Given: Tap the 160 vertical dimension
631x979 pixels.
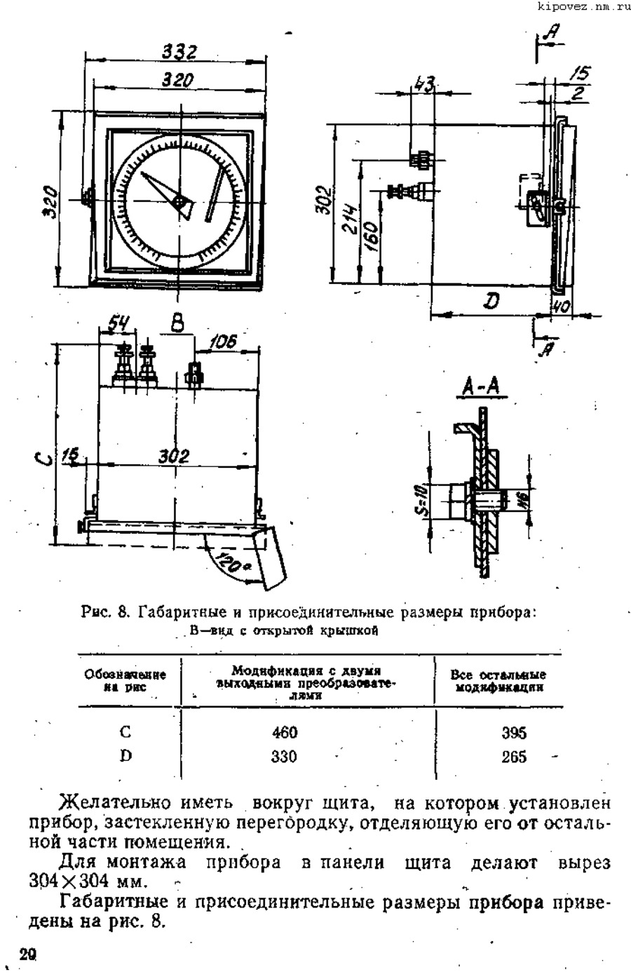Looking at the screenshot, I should pos(372,237).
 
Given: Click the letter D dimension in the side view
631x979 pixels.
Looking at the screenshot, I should pos(492,302).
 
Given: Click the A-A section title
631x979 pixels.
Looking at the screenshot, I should pos(485,387).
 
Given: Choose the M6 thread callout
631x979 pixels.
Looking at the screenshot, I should pos(522,499).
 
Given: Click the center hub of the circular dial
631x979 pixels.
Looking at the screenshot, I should pos(180,203).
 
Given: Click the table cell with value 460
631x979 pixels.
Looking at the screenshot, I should pos(285,733).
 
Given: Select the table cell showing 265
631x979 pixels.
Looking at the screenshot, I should pos(514,757).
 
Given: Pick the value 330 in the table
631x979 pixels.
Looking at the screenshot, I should pos(285,757).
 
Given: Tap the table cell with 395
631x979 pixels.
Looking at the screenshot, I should pos(514,734).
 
